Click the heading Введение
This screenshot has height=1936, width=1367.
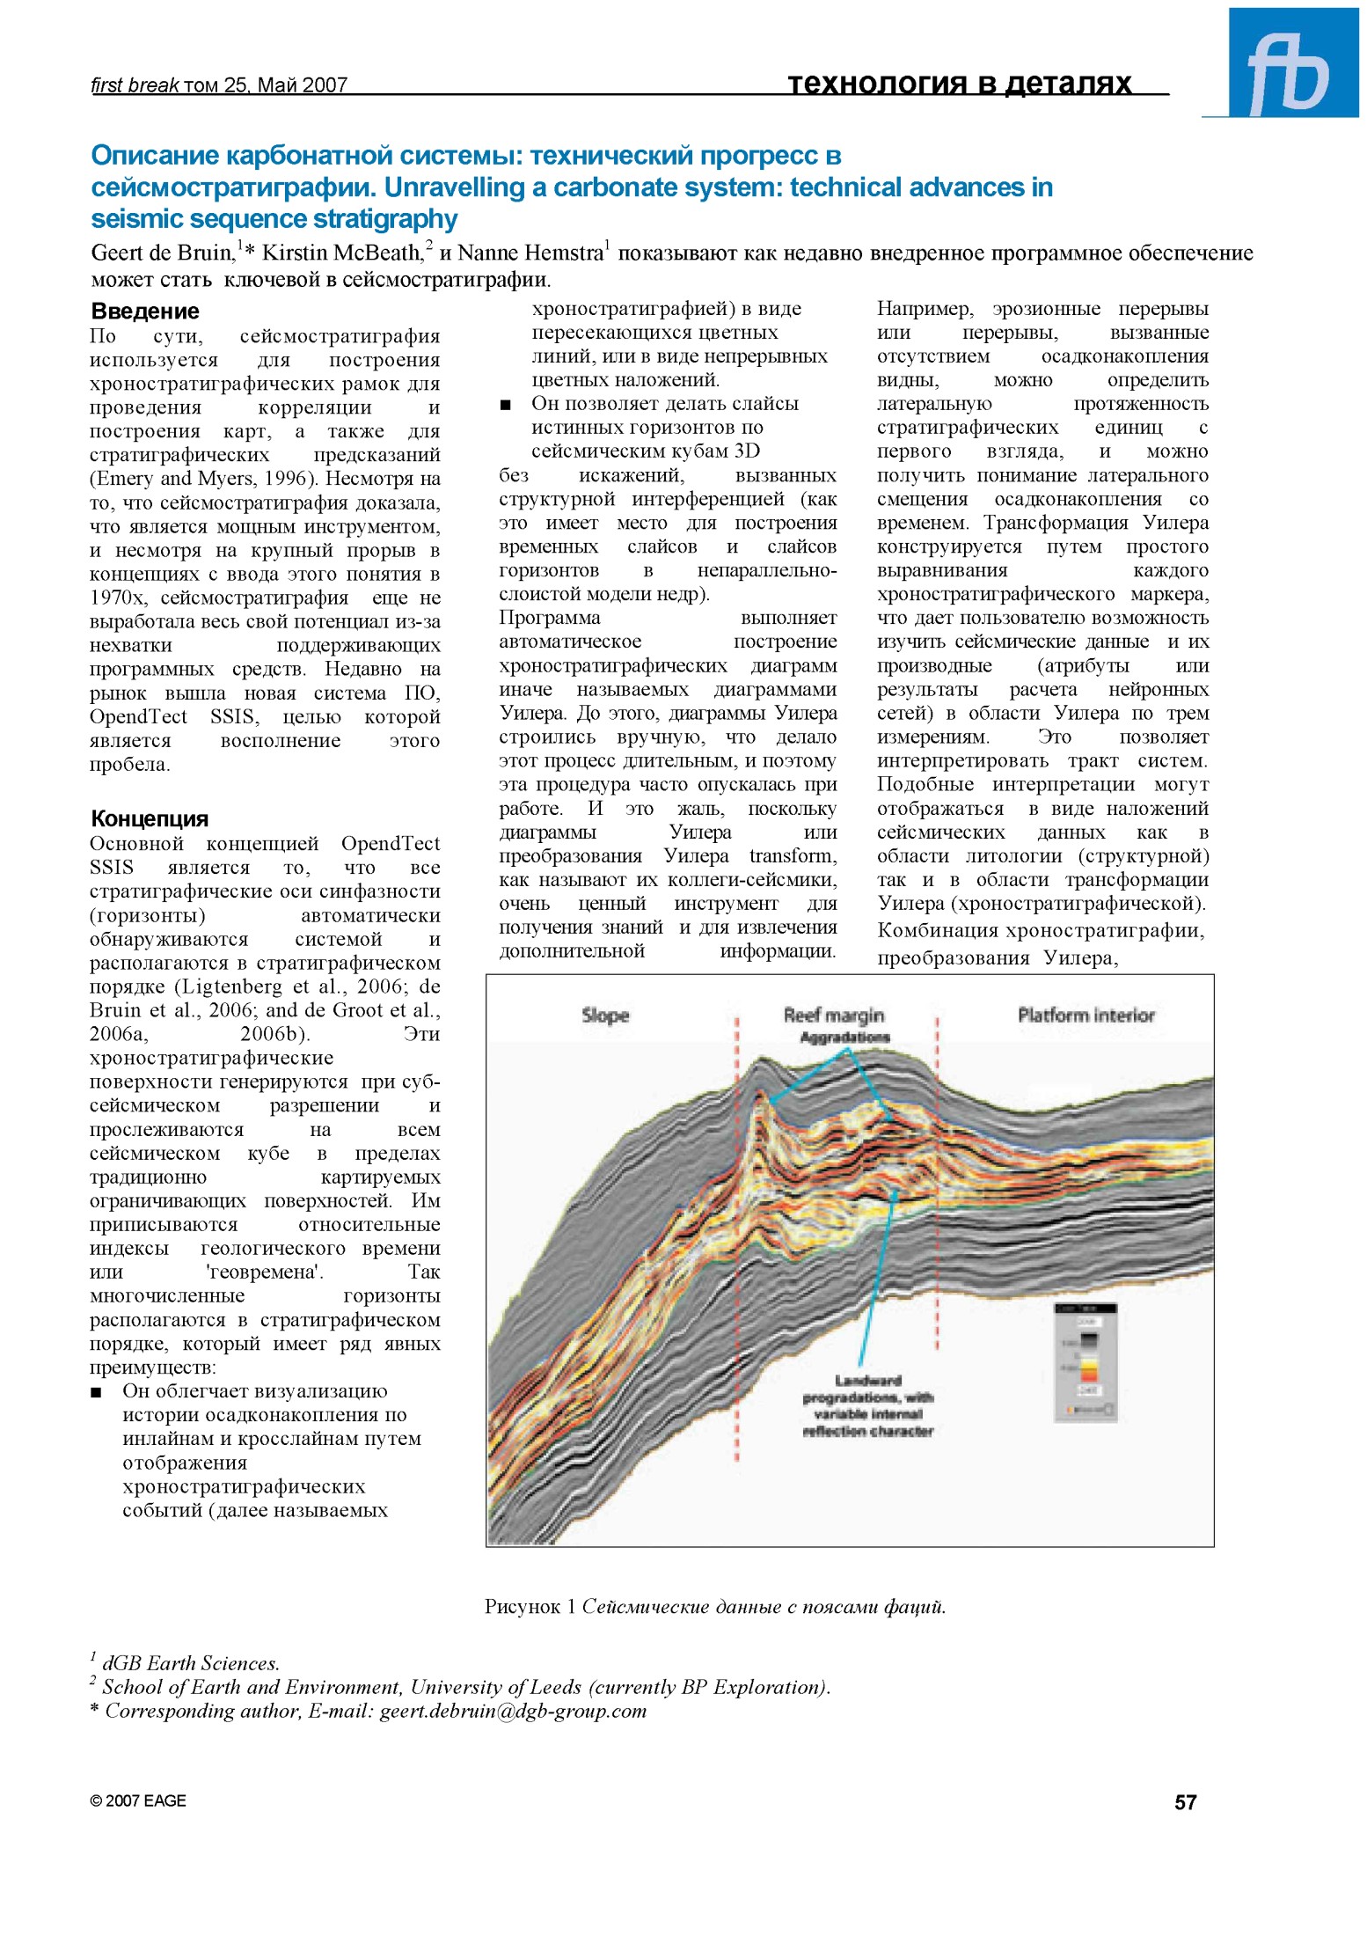pos(145,312)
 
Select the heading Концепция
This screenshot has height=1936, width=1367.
pos(150,819)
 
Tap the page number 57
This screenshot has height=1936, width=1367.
pos(1185,1802)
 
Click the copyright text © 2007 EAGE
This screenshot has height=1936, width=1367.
pos(138,1801)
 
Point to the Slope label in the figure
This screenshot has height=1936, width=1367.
pos(605,1016)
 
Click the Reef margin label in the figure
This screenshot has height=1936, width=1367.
pos(834,1015)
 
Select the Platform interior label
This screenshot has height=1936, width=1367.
pos(1086,1016)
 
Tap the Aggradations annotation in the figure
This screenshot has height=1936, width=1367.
pos(844,1038)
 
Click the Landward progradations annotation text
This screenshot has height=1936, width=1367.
pos(868,1405)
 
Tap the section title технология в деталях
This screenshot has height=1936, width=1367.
pos(959,84)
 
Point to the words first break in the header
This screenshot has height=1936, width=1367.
pos(135,85)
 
